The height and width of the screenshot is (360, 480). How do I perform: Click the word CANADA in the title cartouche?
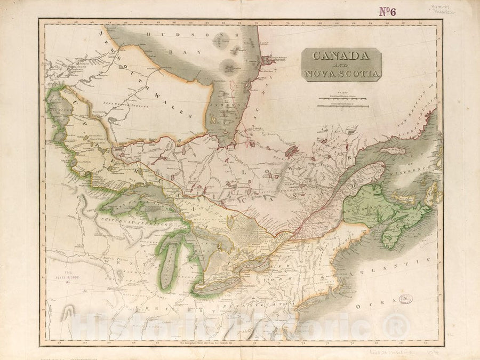pos(341,55)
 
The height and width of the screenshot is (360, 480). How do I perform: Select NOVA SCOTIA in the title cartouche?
pos(341,73)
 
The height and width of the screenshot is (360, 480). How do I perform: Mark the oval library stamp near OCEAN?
pos(406,299)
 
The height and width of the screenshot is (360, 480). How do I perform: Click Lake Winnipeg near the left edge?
pos(59,115)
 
